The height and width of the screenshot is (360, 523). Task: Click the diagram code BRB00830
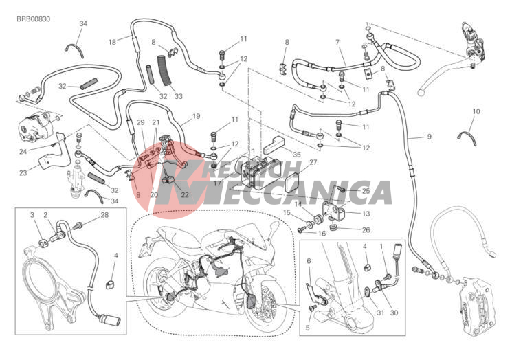click(34, 19)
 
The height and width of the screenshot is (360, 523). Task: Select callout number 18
click(113, 42)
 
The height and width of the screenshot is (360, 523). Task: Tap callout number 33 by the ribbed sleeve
click(179, 96)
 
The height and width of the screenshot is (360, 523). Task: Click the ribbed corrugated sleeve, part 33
click(164, 71)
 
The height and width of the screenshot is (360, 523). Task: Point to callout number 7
click(337, 43)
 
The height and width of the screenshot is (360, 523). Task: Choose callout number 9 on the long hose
click(430, 136)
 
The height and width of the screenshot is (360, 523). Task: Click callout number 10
click(476, 111)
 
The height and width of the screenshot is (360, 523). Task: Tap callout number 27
click(313, 162)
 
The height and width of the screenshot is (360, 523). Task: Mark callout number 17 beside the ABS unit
click(217, 183)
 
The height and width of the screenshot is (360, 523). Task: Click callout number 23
click(23, 172)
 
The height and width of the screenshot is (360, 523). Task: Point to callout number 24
click(23, 152)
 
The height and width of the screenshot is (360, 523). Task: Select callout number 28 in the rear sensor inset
click(104, 215)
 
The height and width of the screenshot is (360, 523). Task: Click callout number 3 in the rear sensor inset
click(32, 215)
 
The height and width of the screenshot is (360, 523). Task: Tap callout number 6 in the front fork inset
click(309, 260)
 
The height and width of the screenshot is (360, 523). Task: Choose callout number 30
click(394, 313)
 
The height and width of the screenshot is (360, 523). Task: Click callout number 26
click(366, 230)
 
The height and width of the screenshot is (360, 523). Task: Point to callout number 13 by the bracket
click(366, 214)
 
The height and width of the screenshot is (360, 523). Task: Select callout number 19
click(196, 116)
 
